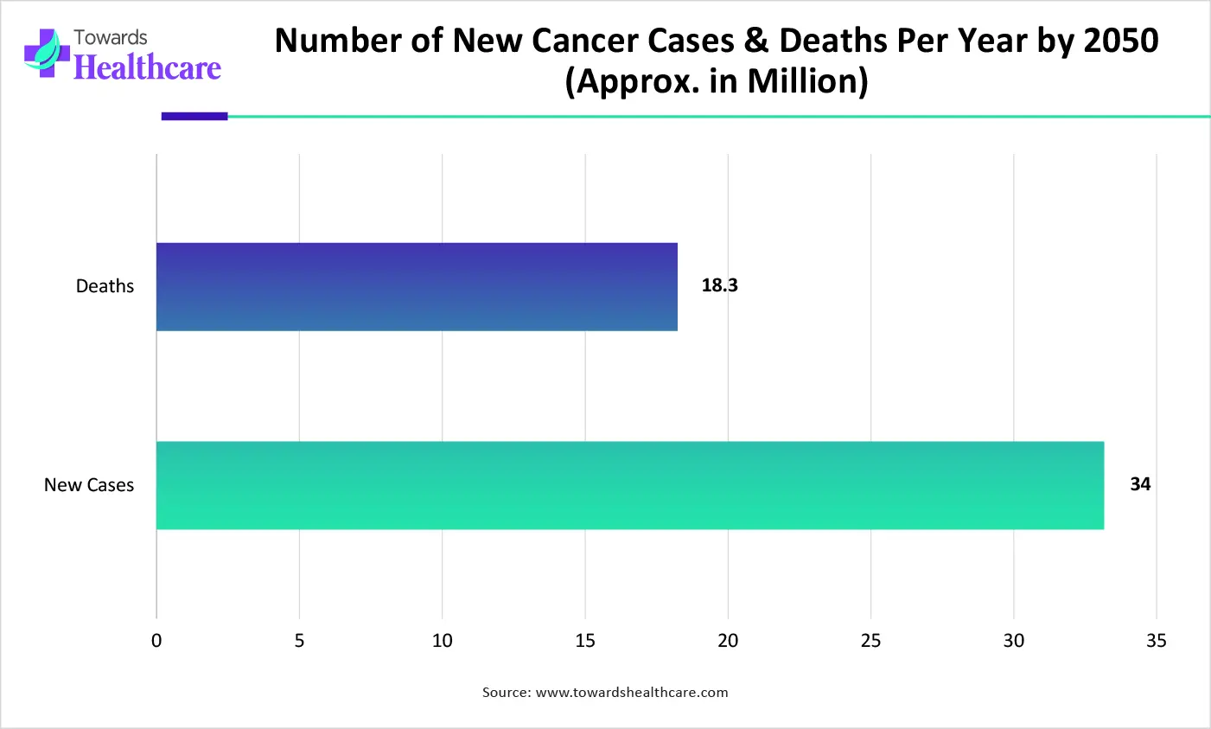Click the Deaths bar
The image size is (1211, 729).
pyautogui.click(x=417, y=287)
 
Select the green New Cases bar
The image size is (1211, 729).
pyautogui.click(x=629, y=485)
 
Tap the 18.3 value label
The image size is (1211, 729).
pyautogui.click(x=719, y=285)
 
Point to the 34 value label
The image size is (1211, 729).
pyautogui.click(x=1140, y=484)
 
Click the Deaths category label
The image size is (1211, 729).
pyautogui.click(x=105, y=286)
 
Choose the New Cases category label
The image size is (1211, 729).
pyautogui.click(x=89, y=485)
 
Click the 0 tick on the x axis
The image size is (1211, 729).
pyautogui.click(x=156, y=641)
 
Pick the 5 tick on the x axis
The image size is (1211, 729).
pyautogui.click(x=299, y=641)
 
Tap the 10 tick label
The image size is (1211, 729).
pyautogui.click(x=442, y=641)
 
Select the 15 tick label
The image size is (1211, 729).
pyautogui.click(x=585, y=641)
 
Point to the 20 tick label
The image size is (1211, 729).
pyautogui.click(x=728, y=641)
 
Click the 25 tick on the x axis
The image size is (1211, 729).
pyautogui.click(x=870, y=641)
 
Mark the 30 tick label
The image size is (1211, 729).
pyautogui.click(x=1013, y=641)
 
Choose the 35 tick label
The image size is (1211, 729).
pyautogui.click(x=1156, y=641)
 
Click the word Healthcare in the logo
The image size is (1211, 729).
pyautogui.click(x=148, y=67)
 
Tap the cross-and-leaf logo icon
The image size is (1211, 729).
pyautogui.click(x=47, y=52)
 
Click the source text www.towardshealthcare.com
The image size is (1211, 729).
pyautogui.click(x=632, y=693)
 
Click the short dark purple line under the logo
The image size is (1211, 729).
pyautogui.click(x=194, y=116)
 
